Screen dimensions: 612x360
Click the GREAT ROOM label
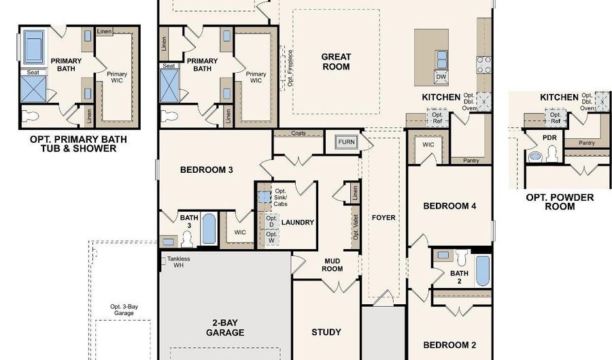(x=336, y=62)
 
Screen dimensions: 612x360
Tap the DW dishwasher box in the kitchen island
(x=441, y=76)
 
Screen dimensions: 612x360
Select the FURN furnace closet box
(x=346, y=142)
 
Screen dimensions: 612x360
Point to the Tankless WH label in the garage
(x=178, y=262)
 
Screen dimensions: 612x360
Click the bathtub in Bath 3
(x=209, y=229)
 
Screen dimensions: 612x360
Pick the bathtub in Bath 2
(x=483, y=271)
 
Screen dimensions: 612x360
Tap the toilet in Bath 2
(x=462, y=258)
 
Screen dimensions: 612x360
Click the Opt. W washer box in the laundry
(x=271, y=238)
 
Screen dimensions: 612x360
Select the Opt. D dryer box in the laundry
(x=271, y=221)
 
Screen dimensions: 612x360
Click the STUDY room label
(x=326, y=332)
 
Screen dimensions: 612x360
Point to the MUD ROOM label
(x=333, y=265)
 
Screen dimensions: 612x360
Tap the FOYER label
(x=384, y=218)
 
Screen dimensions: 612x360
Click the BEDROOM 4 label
(x=449, y=206)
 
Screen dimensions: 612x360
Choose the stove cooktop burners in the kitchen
(x=483, y=65)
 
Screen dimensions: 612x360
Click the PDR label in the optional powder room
(x=549, y=138)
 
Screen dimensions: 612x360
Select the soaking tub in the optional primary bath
(x=34, y=46)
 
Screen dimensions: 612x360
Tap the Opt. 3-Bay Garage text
(x=124, y=310)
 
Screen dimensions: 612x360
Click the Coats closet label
(x=299, y=133)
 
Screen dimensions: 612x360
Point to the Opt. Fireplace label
(x=290, y=68)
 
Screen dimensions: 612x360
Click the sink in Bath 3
(x=168, y=242)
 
